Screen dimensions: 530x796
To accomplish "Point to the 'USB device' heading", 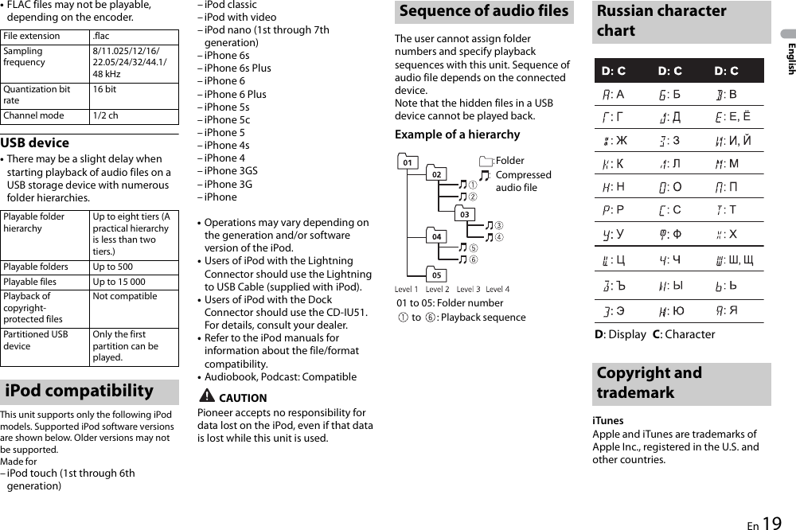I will click(35, 143).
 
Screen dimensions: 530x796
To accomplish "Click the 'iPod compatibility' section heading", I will click(79, 391).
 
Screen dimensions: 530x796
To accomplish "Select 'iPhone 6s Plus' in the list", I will click(237, 68).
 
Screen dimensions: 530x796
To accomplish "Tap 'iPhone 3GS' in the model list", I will click(231, 170).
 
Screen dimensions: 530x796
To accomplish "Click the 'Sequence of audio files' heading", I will click(484, 11).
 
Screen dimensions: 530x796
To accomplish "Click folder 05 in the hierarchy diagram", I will click(436, 275).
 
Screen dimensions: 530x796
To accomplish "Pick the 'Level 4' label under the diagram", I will click(497, 289).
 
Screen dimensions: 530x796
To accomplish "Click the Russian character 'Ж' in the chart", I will click(621, 141).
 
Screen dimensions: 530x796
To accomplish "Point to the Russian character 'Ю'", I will click(677, 310).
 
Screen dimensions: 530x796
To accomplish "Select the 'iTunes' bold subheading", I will click(608, 420).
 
